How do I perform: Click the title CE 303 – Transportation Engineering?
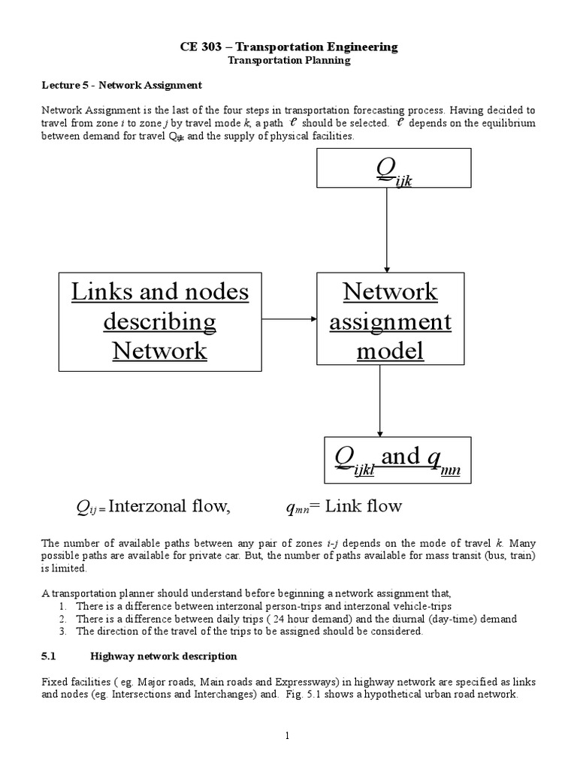coord(289,47)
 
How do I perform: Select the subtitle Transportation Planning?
coord(289,60)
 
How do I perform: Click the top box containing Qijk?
coord(394,167)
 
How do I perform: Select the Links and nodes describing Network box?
coord(159,321)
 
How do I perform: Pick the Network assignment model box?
coord(390,321)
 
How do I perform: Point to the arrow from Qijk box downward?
coord(387,229)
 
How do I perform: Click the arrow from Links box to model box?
coord(288,320)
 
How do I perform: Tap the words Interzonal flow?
coord(168,507)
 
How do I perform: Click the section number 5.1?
coord(49,656)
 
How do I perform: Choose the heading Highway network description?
coord(164,656)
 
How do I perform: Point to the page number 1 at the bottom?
coord(288,736)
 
